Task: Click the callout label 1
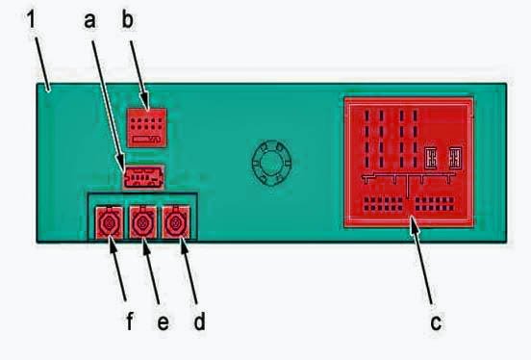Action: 31,19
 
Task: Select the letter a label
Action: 89,20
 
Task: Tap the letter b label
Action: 127,19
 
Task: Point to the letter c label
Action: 436,322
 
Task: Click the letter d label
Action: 199,321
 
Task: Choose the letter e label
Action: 164,322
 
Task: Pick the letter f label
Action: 130,321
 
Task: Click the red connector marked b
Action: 146,127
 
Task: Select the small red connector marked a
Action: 143,177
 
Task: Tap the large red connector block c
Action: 409,163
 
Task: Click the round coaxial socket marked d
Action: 176,222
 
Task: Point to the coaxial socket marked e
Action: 143,222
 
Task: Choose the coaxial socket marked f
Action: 110,222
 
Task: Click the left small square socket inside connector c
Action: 431,158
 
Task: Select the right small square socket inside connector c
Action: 455,158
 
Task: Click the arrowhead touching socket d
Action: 183,244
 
